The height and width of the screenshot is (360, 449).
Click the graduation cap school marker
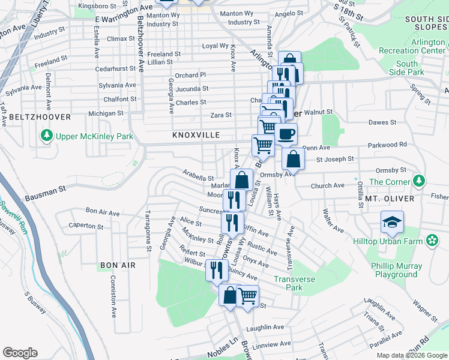[392, 223]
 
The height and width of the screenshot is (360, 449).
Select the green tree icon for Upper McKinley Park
[47, 136]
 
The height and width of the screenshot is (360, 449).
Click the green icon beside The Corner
[420, 181]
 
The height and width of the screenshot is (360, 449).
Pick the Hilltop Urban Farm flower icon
[432, 241]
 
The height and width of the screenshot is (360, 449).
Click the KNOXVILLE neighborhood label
[196, 136]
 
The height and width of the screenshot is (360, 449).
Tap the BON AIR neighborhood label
[118, 265]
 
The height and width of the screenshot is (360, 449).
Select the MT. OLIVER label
[388, 198]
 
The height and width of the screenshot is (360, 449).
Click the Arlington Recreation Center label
[411, 47]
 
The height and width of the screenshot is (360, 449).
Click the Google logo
[20, 353]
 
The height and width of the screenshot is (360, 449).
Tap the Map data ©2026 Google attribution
[411, 355]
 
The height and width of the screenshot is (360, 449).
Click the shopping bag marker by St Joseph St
[293, 160]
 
